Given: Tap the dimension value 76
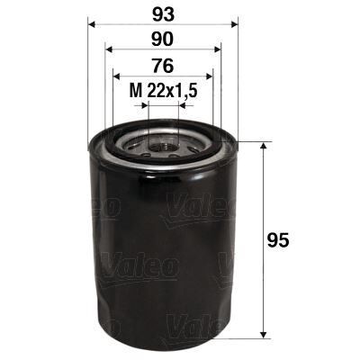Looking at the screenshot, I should coord(163,65).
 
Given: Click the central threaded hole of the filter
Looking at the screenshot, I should coord(163,143).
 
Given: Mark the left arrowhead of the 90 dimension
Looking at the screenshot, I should coord(109,50).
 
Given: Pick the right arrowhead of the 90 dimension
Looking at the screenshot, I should coord(217,50).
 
